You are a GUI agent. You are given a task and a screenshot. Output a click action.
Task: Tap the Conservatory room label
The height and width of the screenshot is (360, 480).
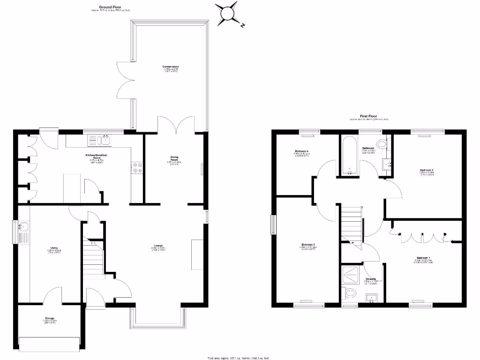coord(171,67)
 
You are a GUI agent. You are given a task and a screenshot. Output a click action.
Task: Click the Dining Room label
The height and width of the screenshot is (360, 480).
coord(174,158)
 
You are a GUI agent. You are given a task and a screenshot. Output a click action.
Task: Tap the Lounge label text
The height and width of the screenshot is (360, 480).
coord(158,246)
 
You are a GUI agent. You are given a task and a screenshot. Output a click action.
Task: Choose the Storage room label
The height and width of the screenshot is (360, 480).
coord(50,319)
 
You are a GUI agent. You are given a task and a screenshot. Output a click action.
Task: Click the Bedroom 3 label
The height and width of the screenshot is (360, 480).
coord(307,245)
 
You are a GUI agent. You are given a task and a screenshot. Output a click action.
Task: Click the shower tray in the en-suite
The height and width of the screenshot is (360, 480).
coord(350,276)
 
